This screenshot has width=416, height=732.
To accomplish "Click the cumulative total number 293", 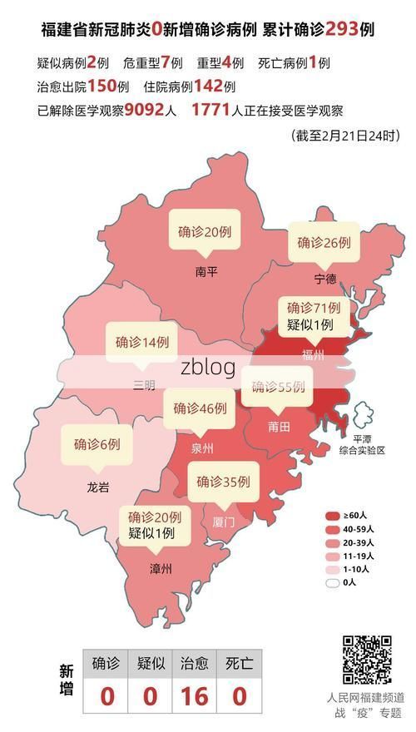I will point(329,29).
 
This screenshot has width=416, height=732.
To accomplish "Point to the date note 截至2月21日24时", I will point(344,135).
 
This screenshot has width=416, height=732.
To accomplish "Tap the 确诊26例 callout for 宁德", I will point(324,243).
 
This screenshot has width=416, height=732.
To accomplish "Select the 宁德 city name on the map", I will point(325,278).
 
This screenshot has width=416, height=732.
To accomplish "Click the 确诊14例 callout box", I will point(142,342).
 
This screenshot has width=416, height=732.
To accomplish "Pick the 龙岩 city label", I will point(97,487).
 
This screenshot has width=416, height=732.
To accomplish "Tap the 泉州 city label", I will point(202,448).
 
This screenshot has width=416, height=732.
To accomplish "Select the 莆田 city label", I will point(279,427).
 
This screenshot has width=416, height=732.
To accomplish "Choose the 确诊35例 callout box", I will point(223,482).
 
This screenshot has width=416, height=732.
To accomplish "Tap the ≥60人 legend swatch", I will point(333,516).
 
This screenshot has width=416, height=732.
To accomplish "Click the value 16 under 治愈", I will point(195,695).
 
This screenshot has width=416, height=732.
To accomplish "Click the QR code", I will point(367,660).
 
